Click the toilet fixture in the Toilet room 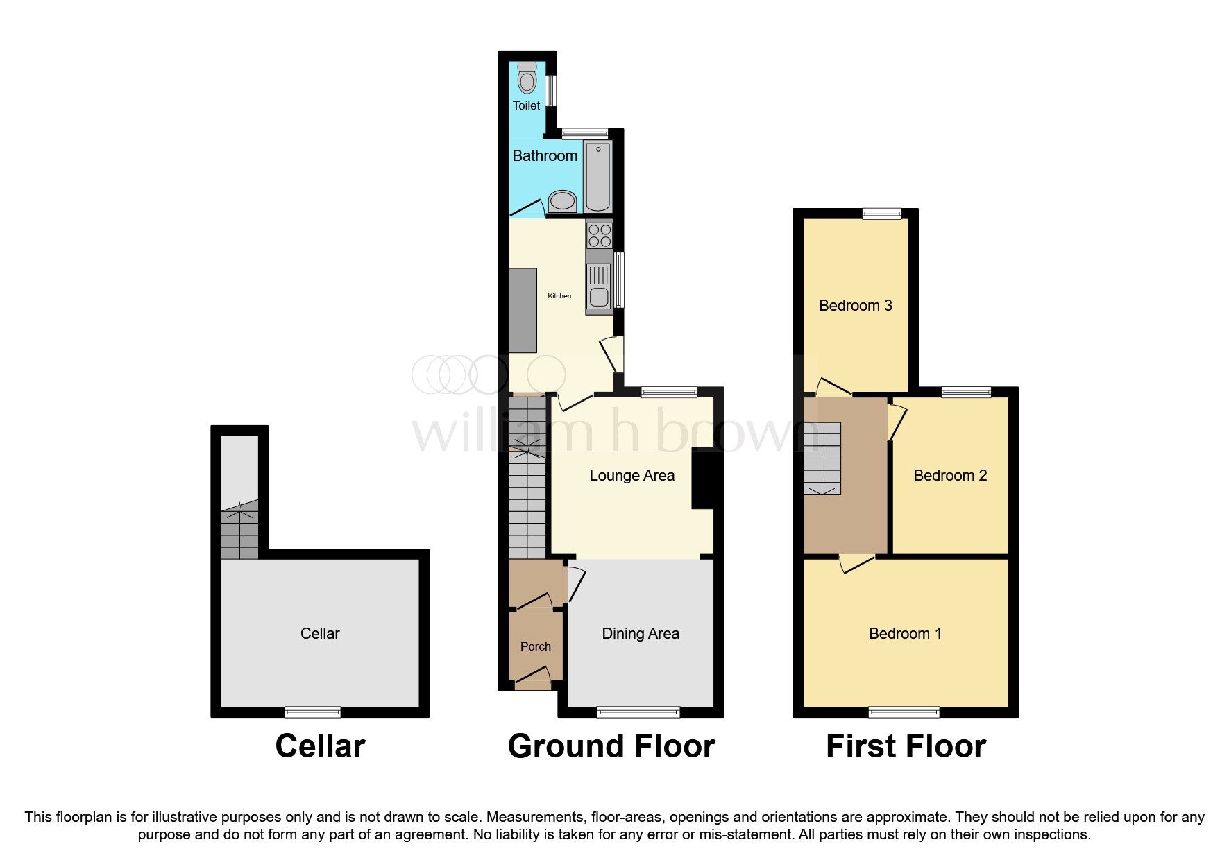pos(527,78)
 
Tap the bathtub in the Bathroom pos(597,176)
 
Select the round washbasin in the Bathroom pos(562,202)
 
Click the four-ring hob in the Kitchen pos(600,235)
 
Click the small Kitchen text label pos(559,296)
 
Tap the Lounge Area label pos(632,476)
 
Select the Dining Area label pos(640,633)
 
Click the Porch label pos(535,646)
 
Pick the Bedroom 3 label pos(855,306)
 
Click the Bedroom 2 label pos(949,476)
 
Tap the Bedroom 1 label pos(905,633)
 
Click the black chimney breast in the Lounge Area pos(703,479)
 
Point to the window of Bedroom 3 pos(882,214)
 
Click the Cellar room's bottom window pos(313,712)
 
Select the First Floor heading pos(906,747)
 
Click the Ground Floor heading pos(611,747)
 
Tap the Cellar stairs pos(239,531)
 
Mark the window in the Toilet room pos(551,91)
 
